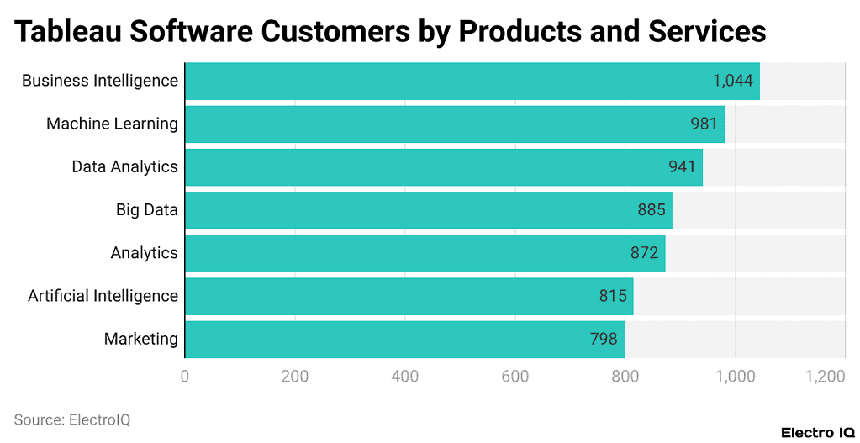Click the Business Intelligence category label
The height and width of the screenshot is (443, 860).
coord(99,81)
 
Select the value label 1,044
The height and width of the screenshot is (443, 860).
coord(732,81)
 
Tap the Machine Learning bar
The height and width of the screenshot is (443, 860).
coord(454,124)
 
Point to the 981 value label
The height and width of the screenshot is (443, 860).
coord(704,124)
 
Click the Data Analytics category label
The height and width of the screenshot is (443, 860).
coord(124,166)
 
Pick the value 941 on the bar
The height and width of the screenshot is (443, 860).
coord(682,166)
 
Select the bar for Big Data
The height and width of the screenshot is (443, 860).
coord(428,210)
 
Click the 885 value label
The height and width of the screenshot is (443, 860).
coord(652,210)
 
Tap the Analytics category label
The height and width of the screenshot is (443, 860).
coord(144,253)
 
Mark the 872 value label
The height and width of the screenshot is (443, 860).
coord(644,253)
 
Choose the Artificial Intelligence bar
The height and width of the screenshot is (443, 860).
coord(409,296)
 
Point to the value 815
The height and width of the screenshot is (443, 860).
coord(613,296)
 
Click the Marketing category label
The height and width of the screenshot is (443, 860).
coord(140,340)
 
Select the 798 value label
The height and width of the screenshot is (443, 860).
coord(604,340)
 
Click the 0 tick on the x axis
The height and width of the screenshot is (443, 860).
coord(185,377)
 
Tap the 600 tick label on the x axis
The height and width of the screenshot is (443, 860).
coord(515,377)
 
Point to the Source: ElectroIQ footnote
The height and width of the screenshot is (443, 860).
coord(72,419)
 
